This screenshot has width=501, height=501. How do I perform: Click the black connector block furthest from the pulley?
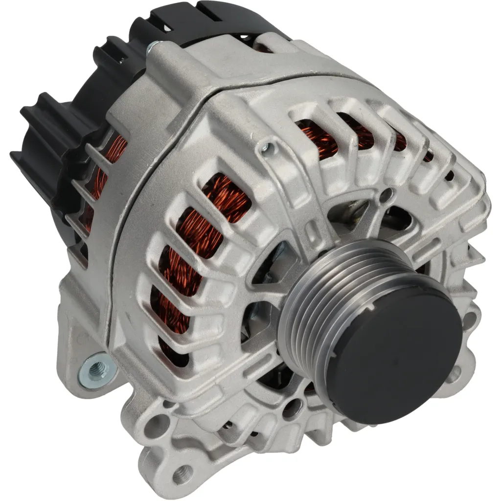coord(37,147)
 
